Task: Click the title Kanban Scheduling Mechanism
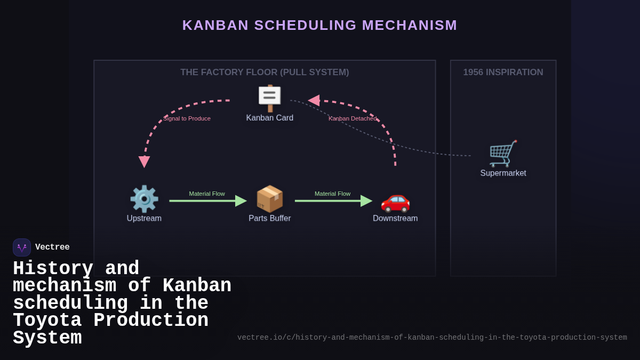[319, 25]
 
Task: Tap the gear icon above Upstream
[144, 199]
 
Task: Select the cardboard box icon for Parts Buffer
[270, 199]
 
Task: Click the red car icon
[395, 200]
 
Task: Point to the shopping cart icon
[503, 154]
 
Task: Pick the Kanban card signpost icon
[270, 98]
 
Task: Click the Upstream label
[144, 218]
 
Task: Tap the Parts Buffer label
[270, 218]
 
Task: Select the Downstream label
[395, 218]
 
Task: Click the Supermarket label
[503, 173]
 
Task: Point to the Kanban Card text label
[270, 118]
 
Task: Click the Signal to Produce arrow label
[187, 118]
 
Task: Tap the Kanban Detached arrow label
[353, 118]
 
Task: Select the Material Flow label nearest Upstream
[207, 194]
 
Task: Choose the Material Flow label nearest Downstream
[332, 194]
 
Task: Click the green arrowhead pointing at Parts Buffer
[241, 201]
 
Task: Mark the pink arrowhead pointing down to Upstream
[144, 162]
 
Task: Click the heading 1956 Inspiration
[503, 73]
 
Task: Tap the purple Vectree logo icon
[22, 247]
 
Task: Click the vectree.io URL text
[432, 338]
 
